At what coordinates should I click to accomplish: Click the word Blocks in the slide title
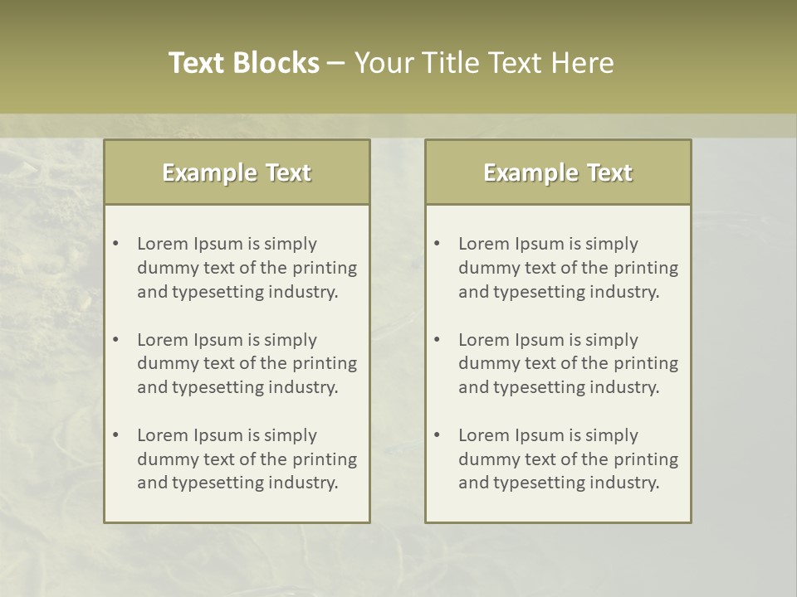pyautogui.click(x=276, y=63)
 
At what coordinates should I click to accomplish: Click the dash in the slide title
pyautogui.click(x=336, y=64)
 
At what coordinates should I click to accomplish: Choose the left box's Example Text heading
pyautogui.click(x=237, y=172)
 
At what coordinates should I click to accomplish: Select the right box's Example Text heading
pyautogui.click(x=558, y=172)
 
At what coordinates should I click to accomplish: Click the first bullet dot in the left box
pyautogui.click(x=115, y=244)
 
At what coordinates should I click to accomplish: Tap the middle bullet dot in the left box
pyautogui.click(x=115, y=340)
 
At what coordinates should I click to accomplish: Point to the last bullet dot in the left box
pyautogui.click(x=115, y=435)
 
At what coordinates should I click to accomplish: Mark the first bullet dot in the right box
pyautogui.click(x=437, y=244)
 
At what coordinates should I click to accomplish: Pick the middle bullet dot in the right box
pyautogui.click(x=437, y=340)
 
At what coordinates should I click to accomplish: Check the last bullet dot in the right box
pyautogui.click(x=437, y=435)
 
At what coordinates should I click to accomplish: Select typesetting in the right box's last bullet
pyautogui.click(x=535, y=483)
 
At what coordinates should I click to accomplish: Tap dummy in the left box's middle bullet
pyautogui.click(x=164, y=363)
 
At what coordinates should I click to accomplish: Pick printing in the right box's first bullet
pyautogui.click(x=646, y=268)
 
